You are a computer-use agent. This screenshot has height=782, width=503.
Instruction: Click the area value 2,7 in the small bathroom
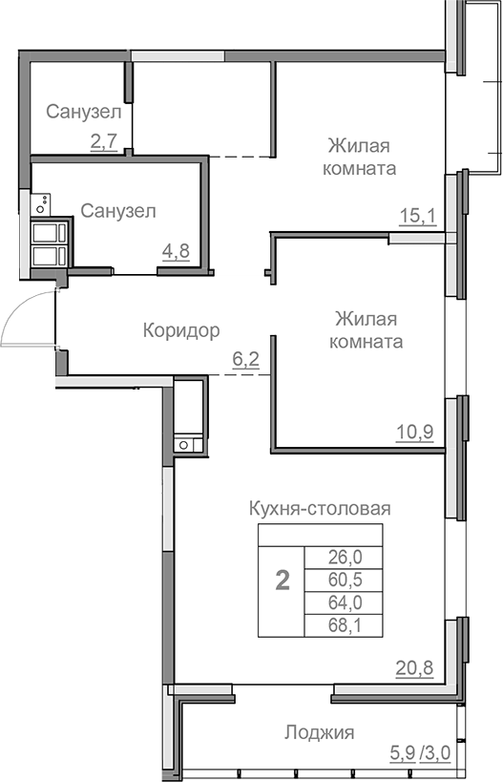[x=103, y=142]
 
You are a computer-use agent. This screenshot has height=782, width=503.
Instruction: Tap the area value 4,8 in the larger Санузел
[x=175, y=252]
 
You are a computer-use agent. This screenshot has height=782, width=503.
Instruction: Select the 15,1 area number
[x=416, y=216]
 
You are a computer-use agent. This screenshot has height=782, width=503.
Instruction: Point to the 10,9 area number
[x=415, y=431]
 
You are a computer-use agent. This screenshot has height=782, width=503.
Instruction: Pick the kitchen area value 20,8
[x=414, y=668]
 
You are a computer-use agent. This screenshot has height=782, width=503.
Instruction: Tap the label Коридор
[x=181, y=330]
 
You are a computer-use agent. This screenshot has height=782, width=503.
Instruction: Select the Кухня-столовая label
[x=319, y=508]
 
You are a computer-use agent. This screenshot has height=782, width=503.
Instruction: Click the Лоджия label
[x=320, y=732]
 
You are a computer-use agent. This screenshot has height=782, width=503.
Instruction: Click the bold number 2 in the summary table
[x=282, y=581]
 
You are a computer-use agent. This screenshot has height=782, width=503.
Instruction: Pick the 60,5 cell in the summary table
[x=339, y=580]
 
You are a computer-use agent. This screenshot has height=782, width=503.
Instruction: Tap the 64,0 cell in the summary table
[x=339, y=602]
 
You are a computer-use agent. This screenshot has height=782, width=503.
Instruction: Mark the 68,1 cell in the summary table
[x=339, y=625]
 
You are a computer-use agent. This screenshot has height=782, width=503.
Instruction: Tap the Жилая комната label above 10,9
[x=367, y=329]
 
